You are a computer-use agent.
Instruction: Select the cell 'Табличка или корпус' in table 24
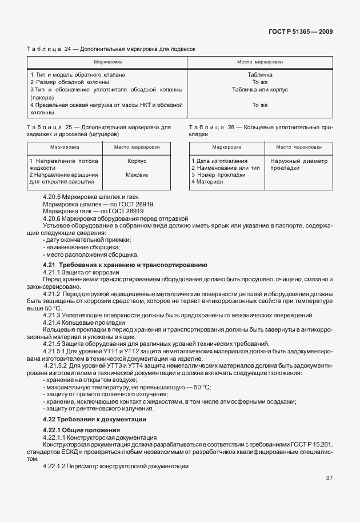(259, 90)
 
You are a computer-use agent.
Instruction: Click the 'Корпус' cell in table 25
(137, 161)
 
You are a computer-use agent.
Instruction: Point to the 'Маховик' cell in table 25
(137, 175)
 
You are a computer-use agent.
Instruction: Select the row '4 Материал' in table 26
(203, 182)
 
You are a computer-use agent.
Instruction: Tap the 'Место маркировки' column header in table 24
(259, 61)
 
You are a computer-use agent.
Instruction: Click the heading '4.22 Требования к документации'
(90, 420)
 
